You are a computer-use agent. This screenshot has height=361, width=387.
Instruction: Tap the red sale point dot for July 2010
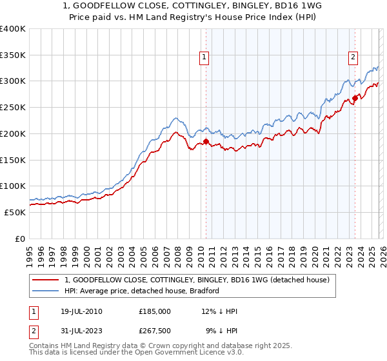click(206, 141)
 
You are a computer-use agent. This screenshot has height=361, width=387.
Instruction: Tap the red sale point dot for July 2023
click(355, 98)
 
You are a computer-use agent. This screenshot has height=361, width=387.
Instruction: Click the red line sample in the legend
click(46, 280)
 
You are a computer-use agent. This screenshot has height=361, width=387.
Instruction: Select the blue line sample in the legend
click(46, 291)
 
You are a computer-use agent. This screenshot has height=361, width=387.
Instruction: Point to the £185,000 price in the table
click(155, 311)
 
